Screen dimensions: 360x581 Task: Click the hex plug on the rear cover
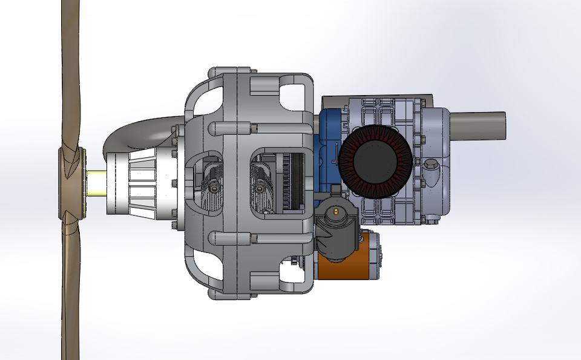[x=431, y=165]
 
